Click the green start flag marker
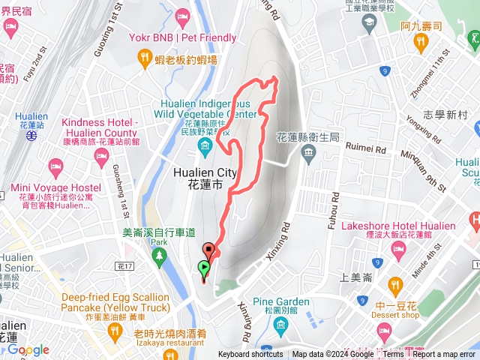(204, 268)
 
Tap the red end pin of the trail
(208, 251)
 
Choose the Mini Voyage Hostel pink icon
(55, 165)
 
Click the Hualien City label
(205, 177)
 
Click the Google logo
(28, 350)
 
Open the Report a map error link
(444, 355)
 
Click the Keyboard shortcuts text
(250, 355)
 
